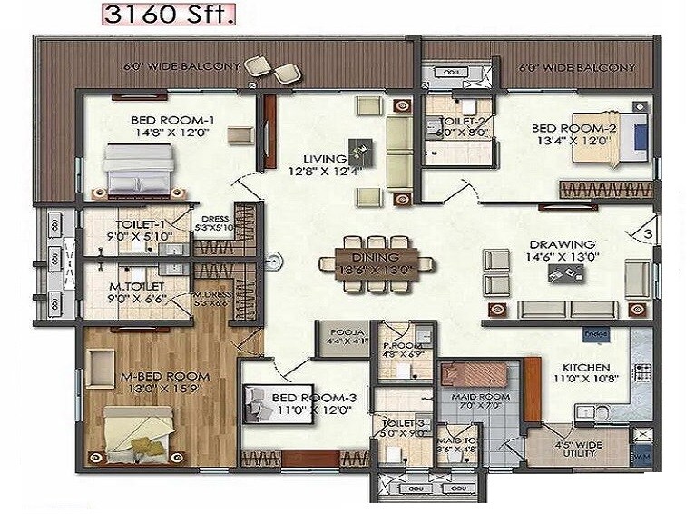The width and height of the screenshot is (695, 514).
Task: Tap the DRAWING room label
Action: (563, 243)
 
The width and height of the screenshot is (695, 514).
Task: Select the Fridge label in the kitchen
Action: (597, 335)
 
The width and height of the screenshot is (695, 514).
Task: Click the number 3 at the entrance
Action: (648, 234)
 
